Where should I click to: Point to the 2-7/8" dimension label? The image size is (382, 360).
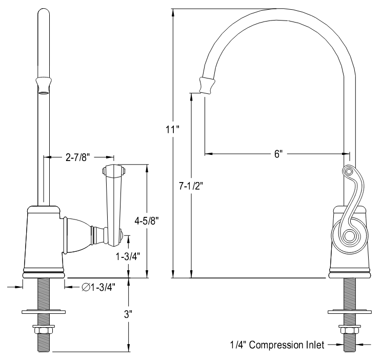77,157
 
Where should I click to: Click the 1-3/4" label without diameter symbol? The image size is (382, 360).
128,255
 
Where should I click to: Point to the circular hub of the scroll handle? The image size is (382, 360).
350,236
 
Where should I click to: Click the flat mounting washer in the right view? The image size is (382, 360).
350,311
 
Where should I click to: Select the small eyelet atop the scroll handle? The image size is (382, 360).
348,171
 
